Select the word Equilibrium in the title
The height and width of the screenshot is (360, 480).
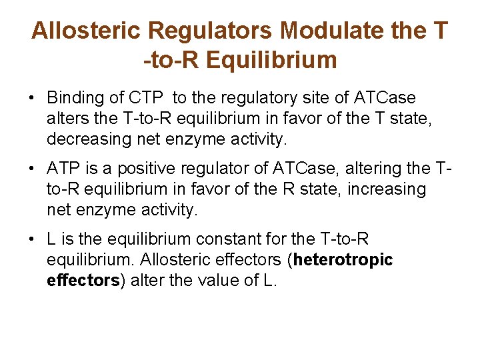coord(272,61)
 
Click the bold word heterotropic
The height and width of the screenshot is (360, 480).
coord(343,259)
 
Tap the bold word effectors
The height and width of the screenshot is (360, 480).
coord(82,280)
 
